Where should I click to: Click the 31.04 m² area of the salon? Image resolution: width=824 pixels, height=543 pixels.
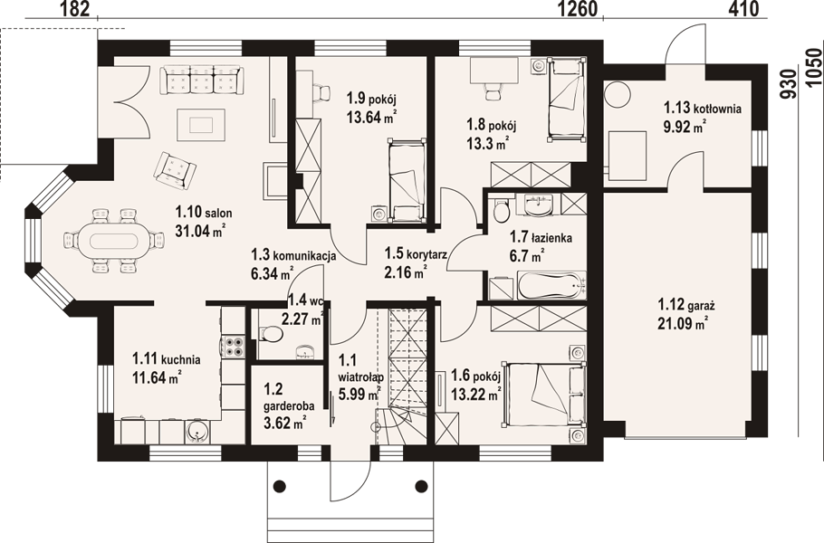[200, 230]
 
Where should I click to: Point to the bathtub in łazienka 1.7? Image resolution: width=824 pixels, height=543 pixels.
[551, 286]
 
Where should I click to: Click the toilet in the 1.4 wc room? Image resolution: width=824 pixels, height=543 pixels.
[270, 333]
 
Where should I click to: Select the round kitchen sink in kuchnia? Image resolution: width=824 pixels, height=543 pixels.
[196, 432]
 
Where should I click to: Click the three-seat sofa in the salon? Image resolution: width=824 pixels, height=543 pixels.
[202, 80]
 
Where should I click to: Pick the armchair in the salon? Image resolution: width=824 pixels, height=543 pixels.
[175, 169]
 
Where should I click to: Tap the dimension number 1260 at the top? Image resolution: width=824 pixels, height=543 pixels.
[577, 9]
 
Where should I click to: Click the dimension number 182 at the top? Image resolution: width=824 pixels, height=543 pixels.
[76, 9]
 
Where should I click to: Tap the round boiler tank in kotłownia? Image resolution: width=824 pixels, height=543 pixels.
[616, 94]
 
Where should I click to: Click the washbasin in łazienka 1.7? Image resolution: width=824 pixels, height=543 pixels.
[538, 205]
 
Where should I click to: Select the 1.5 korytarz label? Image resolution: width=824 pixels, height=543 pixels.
[415, 254]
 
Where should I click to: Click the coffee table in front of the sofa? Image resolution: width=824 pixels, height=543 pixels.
[201, 125]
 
